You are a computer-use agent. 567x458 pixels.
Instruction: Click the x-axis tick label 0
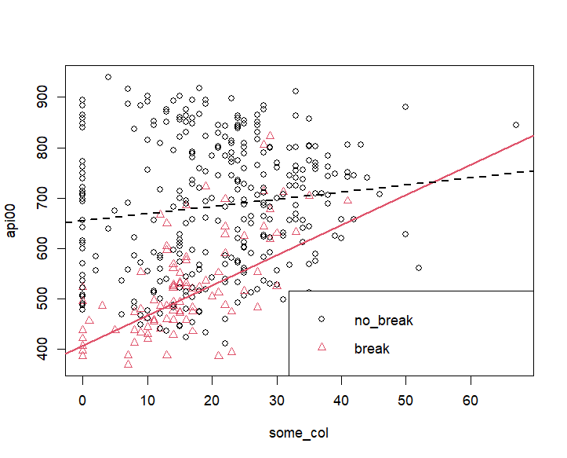pos(82,400)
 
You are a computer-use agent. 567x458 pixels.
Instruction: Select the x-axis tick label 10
pos(147,400)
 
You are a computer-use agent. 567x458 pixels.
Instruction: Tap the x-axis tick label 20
pos(212,400)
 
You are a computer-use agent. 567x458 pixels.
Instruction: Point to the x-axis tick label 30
pos(276,400)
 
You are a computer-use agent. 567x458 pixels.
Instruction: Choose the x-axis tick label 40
pos(341,400)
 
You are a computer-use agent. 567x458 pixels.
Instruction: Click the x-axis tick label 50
pos(405,400)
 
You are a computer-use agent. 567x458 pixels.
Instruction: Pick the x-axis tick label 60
pos(471,400)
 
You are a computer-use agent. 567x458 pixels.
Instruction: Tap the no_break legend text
pos(383,321)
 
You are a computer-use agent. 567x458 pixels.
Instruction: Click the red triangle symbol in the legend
pos(322,346)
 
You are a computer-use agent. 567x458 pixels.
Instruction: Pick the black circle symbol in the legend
pos(322,319)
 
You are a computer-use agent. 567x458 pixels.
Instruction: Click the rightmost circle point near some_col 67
pos(516,125)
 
